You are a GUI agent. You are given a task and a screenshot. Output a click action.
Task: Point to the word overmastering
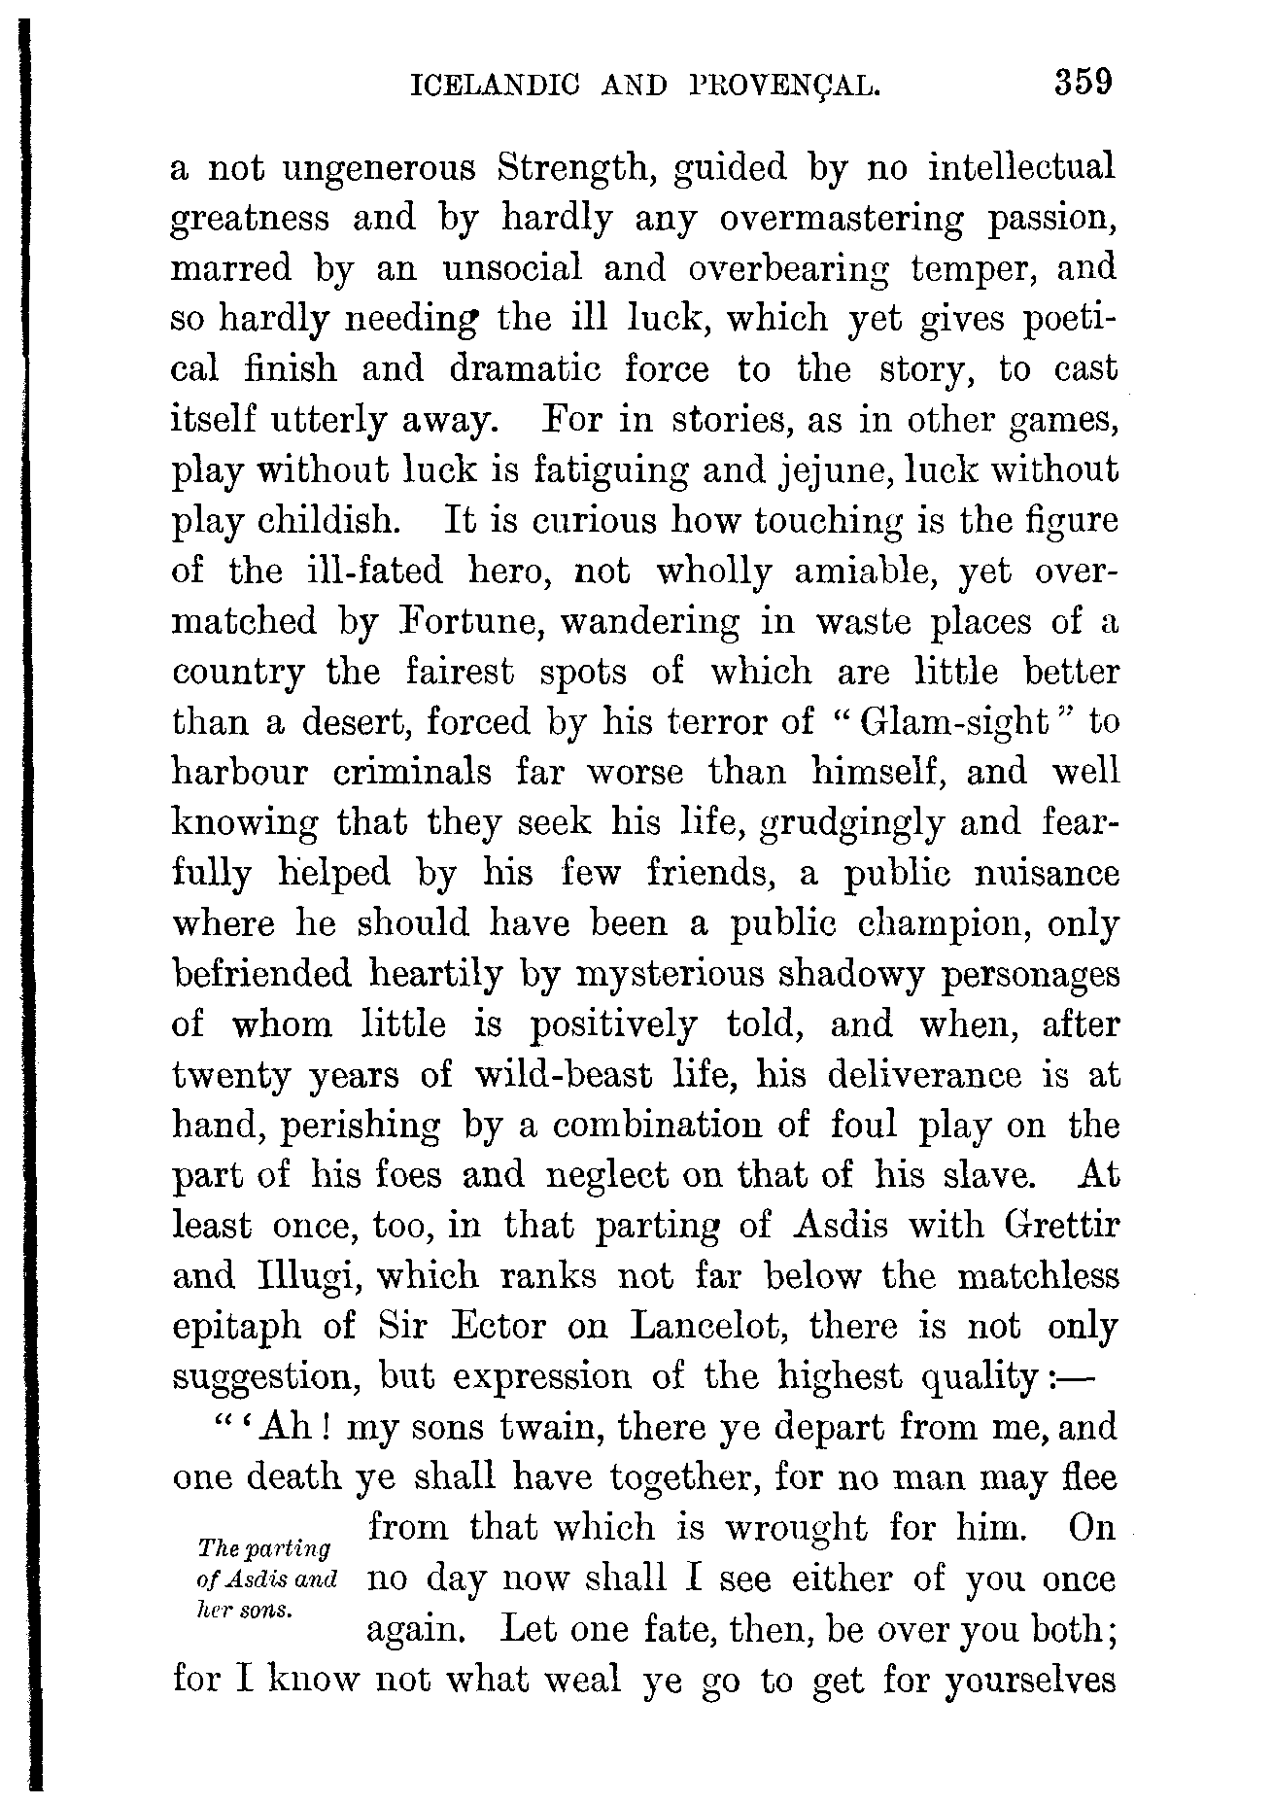843,219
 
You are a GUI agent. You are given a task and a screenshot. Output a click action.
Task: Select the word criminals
412,773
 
